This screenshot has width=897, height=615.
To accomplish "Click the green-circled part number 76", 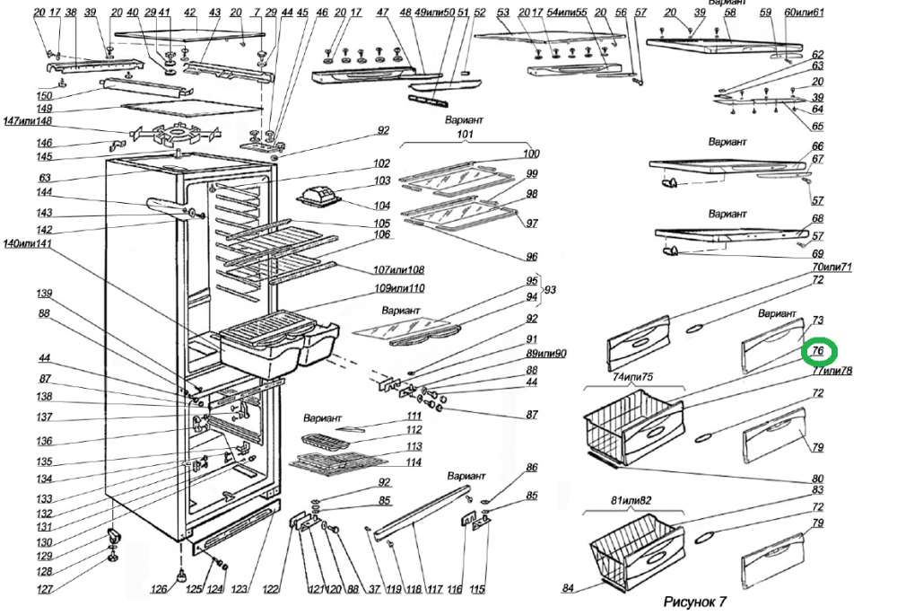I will (818, 352).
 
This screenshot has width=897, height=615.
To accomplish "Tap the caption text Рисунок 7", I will (694, 600).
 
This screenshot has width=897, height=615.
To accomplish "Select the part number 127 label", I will (45, 590).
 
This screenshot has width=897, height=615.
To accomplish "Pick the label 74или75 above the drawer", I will (631, 376).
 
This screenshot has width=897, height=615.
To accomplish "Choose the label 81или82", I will (631, 498).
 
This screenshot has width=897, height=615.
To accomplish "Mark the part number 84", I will (568, 589).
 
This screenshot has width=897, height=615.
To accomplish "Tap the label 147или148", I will (27, 121).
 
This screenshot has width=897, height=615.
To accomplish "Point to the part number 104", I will (382, 206).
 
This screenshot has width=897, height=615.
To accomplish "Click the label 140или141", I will (27, 244).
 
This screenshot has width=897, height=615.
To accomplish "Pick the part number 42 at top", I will (189, 13).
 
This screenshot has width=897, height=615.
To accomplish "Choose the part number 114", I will (414, 462).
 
